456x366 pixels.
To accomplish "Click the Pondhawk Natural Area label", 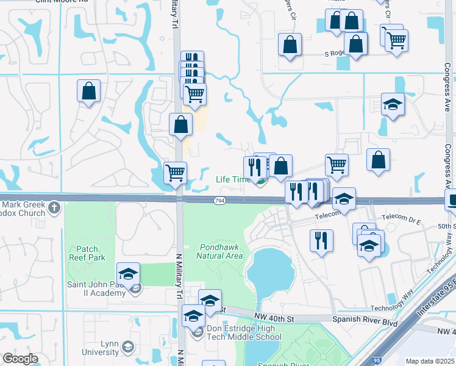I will [x=220, y=251].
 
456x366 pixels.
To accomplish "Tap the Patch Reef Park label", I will [x=91, y=253].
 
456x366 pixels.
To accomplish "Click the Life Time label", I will [x=233, y=179].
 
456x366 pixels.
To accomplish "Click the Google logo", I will [x=20, y=359].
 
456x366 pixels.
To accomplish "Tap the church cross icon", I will [x=54, y=208].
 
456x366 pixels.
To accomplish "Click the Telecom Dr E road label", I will [x=399, y=217].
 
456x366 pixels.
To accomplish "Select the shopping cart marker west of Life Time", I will [x=175, y=172].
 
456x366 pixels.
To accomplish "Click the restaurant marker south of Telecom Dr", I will [x=321, y=240].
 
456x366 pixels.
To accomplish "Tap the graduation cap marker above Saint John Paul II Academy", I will [x=129, y=273].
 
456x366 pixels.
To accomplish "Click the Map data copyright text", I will [x=430, y=361].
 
